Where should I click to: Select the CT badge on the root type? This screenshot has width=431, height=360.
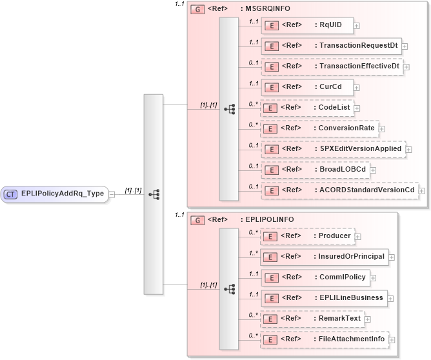(x=11, y=193)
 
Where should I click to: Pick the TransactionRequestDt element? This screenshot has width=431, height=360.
(x=331, y=46)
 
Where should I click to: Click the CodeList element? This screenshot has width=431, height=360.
(x=307, y=108)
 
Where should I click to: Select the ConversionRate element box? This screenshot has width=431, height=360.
(x=319, y=128)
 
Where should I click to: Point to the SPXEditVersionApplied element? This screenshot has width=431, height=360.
(x=332, y=149)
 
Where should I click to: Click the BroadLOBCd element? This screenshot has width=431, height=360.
(x=315, y=170)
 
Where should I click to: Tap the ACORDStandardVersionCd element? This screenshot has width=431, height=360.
(x=339, y=190)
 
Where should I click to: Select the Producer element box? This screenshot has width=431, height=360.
(x=307, y=236)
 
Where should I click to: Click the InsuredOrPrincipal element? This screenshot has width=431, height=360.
(x=324, y=257)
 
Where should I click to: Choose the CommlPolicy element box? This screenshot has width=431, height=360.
(x=316, y=277)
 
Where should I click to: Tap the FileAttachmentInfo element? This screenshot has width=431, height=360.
(x=324, y=339)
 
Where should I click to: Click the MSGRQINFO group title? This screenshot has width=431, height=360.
(x=265, y=10)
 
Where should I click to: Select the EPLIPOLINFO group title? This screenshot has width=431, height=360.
(x=266, y=219)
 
